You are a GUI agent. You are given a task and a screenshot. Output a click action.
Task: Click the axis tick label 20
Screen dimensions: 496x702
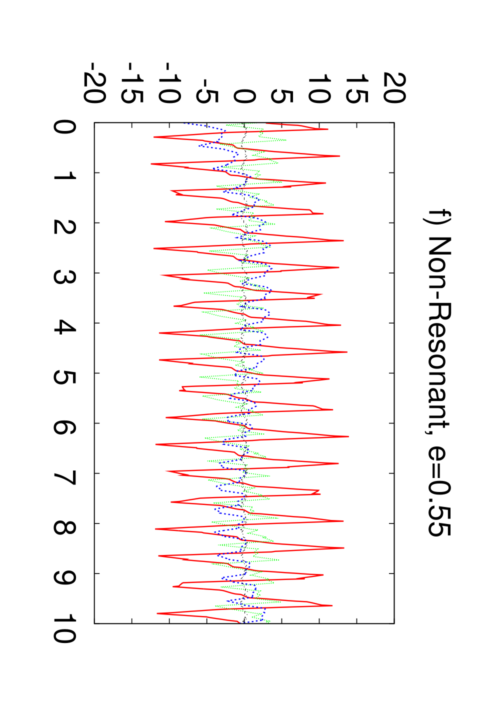394,88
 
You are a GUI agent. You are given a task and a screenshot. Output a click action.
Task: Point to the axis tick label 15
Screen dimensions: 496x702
357,88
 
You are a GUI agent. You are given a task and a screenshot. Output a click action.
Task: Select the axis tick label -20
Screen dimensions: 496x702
94,82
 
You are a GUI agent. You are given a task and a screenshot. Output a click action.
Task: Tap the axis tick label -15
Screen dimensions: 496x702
132,82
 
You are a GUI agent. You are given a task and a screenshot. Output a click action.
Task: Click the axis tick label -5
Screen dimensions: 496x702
207,91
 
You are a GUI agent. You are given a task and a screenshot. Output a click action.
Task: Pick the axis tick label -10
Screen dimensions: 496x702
169,82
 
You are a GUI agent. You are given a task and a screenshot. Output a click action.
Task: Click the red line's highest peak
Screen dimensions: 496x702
348,436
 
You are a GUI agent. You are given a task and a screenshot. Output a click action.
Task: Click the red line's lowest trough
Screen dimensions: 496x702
151,163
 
